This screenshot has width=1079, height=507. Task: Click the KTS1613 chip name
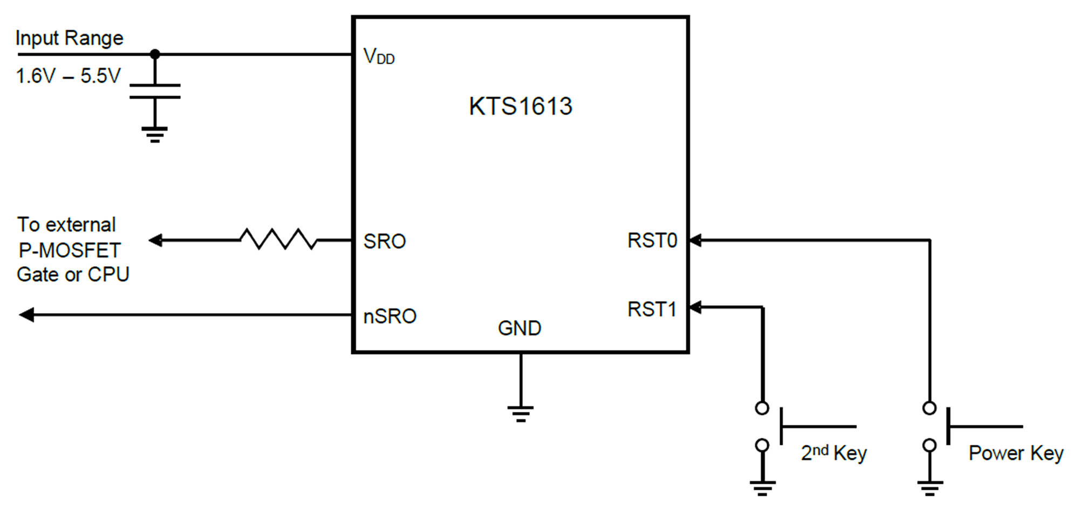click(x=520, y=106)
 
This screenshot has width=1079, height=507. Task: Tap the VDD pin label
click(x=379, y=56)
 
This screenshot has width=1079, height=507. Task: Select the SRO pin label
click(x=385, y=241)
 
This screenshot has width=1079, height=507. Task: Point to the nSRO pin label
click(x=390, y=316)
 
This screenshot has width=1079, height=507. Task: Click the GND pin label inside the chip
click(x=520, y=328)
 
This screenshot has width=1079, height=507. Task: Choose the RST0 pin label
click(x=652, y=240)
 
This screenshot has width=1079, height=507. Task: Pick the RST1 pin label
click(x=652, y=309)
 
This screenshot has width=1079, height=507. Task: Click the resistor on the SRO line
click(x=278, y=239)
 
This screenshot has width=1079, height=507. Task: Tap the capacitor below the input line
click(x=155, y=91)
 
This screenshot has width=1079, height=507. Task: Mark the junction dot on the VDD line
click(x=155, y=54)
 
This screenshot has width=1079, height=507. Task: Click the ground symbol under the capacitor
click(x=155, y=134)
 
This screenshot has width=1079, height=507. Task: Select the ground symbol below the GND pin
click(x=521, y=414)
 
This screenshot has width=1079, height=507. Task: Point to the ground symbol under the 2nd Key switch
click(x=762, y=488)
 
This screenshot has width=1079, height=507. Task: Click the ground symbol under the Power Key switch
click(x=930, y=488)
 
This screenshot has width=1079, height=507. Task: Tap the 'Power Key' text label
click(x=1016, y=454)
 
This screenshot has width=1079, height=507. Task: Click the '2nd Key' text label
click(x=834, y=452)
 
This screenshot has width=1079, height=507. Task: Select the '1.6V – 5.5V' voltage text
click(x=69, y=76)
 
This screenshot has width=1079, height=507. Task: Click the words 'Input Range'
click(x=69, y=39)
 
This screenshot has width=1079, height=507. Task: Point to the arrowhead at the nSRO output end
click(x=26, y=314)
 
